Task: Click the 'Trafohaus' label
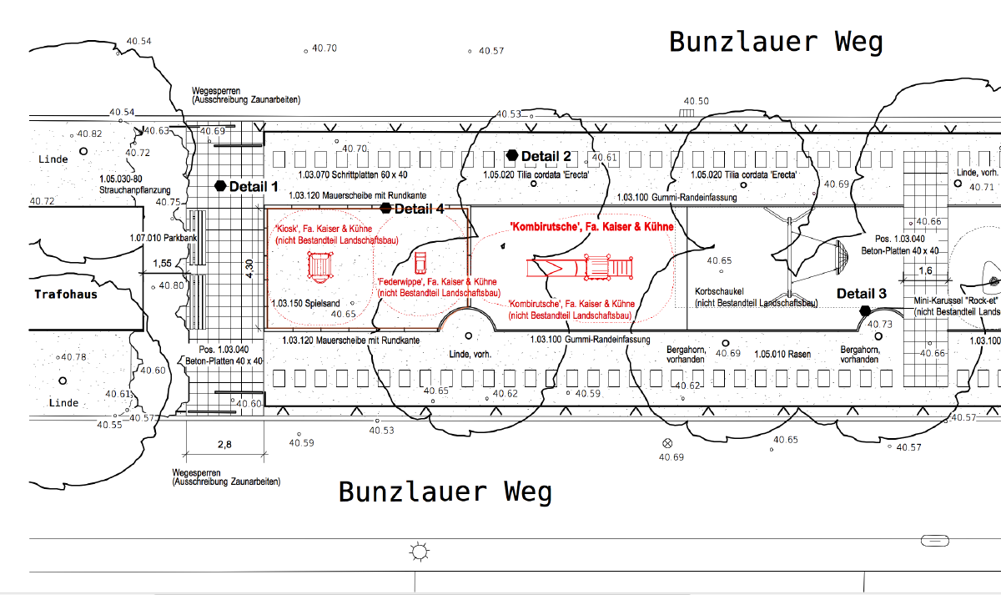tap(66, 294)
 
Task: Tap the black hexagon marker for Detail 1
tap(220, 186)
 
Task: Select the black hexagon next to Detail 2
tap(512, 156)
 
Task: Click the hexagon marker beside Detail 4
tap(385, 208)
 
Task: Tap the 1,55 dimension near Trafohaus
tap(163, 264)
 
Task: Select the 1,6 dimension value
tap(925, 270)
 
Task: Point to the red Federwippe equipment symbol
tap(420, 262)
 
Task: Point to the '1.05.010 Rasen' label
tap(782, 355)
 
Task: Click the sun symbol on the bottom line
tap(418, 552)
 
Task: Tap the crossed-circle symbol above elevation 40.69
tap(666, 442)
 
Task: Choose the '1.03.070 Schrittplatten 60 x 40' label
tap(346, 176)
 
